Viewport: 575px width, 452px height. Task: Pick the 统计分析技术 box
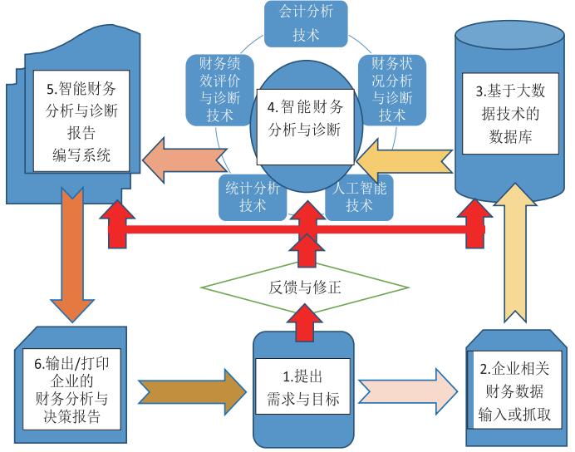tap(251, 196)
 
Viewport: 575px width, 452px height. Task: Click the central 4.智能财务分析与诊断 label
tap(305, 118)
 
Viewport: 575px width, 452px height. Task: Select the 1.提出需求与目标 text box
tap(303, 384)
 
